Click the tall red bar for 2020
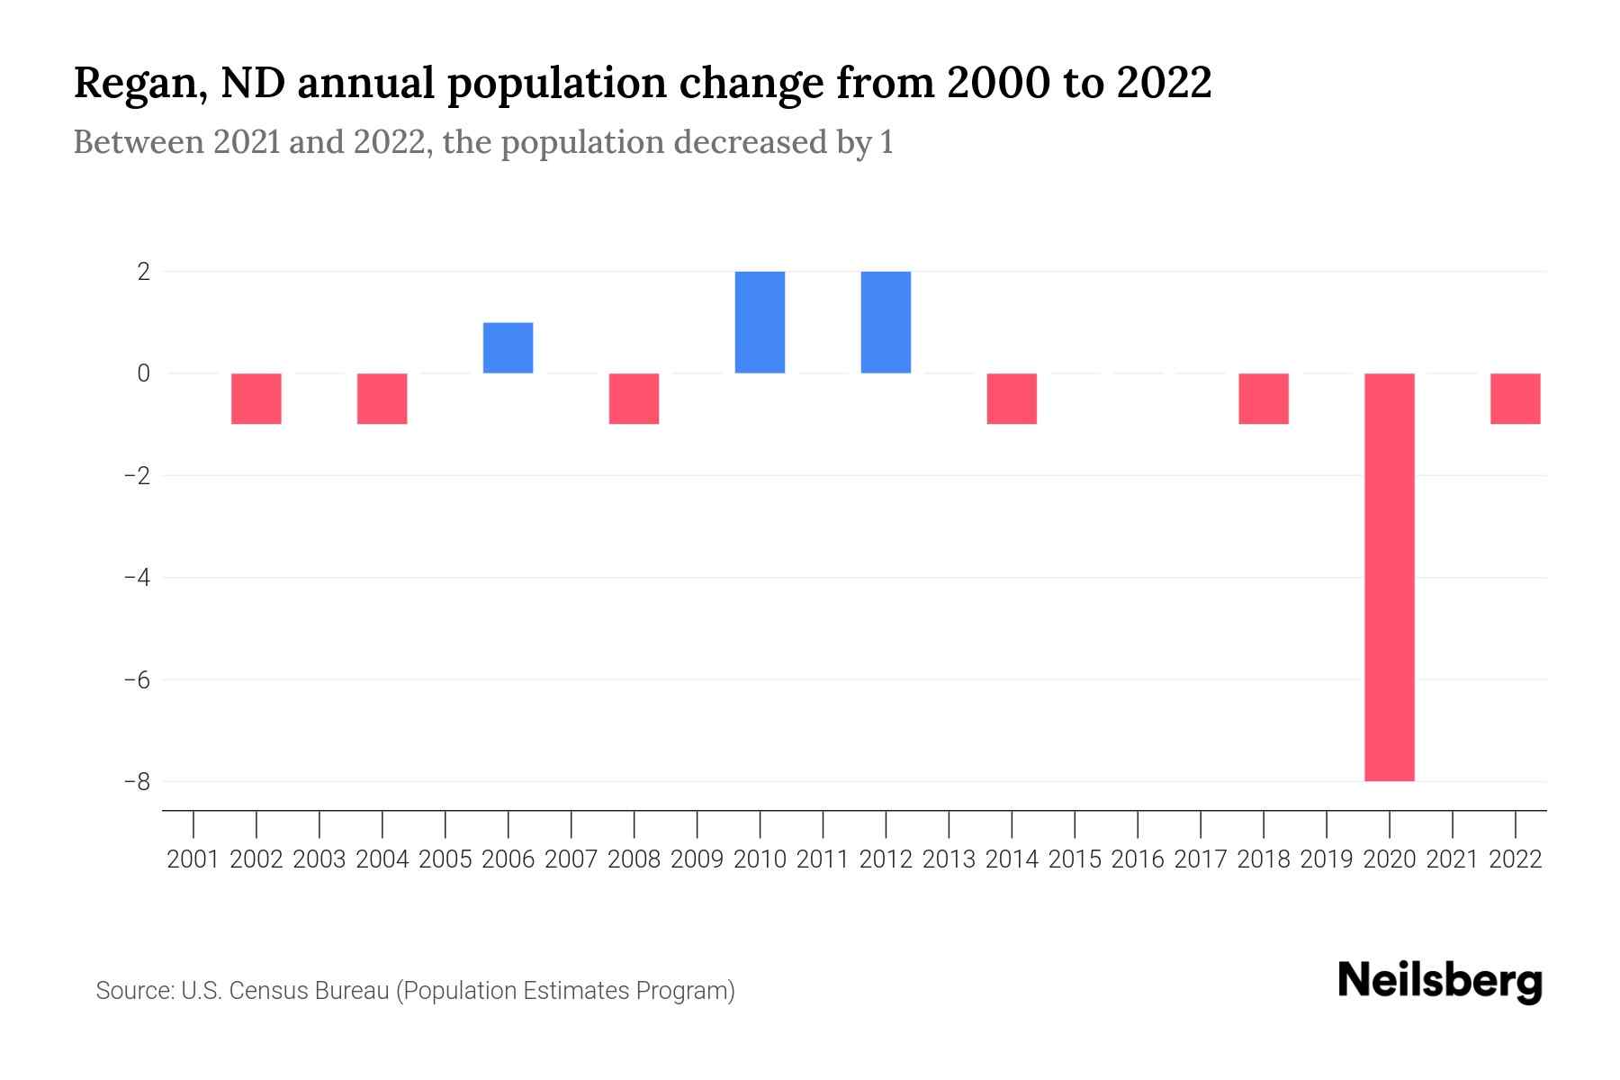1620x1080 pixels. pyautogui.click(x=1389, y=576)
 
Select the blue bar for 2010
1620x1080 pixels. pyautogui.click(x=760, y=321)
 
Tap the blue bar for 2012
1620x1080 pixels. pyautogui.click(x=886, y=321)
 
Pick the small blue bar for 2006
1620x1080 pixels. pyautogui.click(x=508, y=347)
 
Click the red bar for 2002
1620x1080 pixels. pyautogui.click(x=256, y=399)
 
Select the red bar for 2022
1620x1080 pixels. pyautogui.click(x=1515, y=399)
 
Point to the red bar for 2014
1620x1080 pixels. pyautogui.click(x=1012, y=399)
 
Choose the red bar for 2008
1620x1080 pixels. pyautogui.click(x=634, y=399)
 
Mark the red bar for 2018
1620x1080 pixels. pyautogui.click(x=1263, y=399)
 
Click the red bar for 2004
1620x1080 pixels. pyautogui.click(x=382, y=399)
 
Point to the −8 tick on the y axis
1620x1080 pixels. pyautogui.click(x=137, y=781)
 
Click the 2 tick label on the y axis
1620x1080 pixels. pyautogui.click(x=143, y=271)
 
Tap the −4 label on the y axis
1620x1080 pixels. pyautogui.click(x=137, y=577)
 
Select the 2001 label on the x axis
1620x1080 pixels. pyautogui.click(x=193, y=859)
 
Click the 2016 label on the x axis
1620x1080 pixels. pyautogui.click(x=1138, y=859)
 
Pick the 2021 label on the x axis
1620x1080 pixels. pyautogui.click(x=1452, y=859)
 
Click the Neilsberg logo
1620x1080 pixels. pyautogui.click(x=1440, y=981)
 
